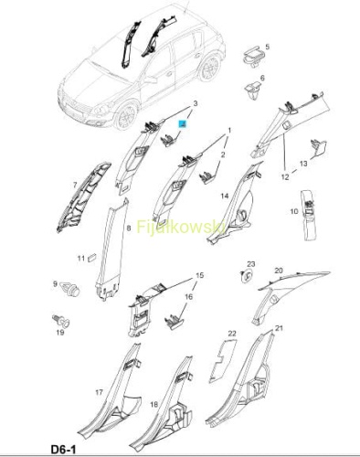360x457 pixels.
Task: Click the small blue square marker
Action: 183,124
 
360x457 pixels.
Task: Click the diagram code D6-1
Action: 63,450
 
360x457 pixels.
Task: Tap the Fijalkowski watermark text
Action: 181,228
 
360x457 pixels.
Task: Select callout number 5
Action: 268,47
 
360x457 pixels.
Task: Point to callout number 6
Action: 262,78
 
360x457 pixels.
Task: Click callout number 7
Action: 75,185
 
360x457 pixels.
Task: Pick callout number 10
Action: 294,211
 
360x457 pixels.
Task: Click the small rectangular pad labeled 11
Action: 92,258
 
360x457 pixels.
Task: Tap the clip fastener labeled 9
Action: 70,289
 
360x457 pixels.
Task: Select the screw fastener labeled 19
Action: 61,320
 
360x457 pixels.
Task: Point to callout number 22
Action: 232,334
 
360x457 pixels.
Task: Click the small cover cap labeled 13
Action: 318,148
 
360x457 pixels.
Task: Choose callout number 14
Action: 225,196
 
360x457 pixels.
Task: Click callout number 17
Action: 99,392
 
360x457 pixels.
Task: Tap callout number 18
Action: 154,404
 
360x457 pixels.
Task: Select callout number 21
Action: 279,328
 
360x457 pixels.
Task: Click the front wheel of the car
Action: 127,116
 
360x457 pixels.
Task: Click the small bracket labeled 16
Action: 175,322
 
